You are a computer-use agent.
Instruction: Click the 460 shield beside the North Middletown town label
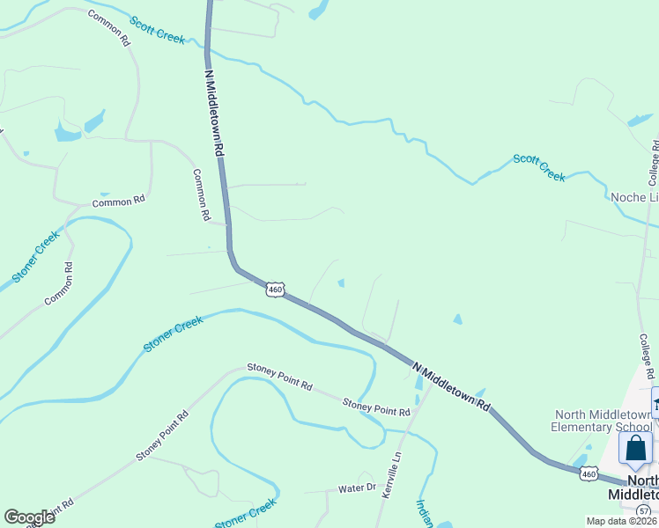589,474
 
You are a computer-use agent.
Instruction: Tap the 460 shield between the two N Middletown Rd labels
276,289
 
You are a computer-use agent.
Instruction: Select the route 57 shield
645,510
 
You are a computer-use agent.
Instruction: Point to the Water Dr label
358,488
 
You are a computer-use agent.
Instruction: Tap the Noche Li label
634,198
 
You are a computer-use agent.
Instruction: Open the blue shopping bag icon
635,449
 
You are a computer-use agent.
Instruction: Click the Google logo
29,517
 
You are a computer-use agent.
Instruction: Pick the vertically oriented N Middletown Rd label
214,114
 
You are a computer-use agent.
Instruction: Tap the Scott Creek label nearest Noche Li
539,167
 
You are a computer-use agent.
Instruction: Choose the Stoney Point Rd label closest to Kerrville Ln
376,407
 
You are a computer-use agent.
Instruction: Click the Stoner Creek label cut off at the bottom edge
246,514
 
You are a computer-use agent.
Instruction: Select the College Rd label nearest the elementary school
645,356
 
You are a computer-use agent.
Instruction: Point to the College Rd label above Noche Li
653,163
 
